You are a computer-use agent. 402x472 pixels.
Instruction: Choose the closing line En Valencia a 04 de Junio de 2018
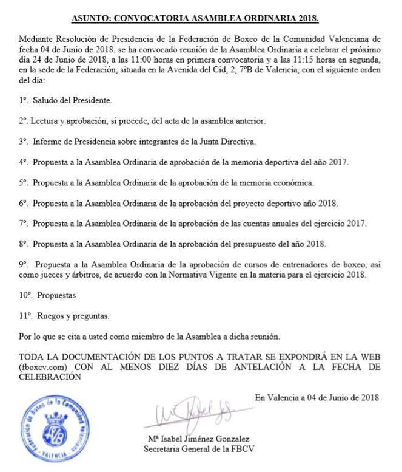pyautogui.click(x=317, y=398)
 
